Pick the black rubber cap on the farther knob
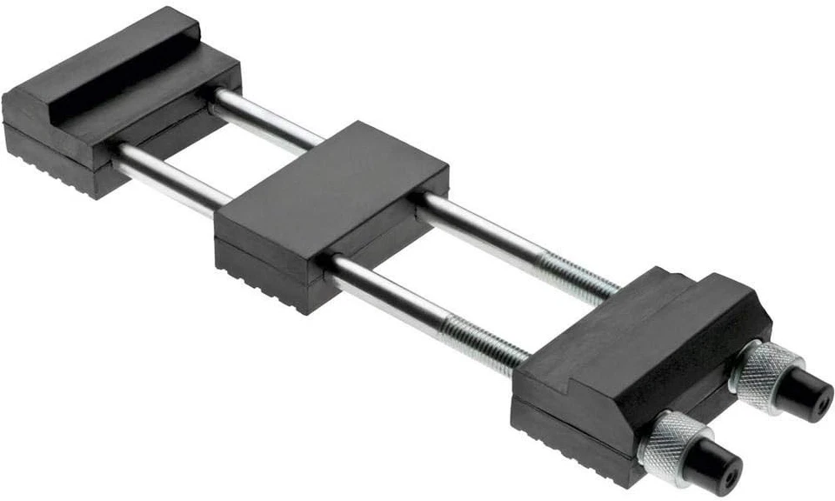tap(802, 397)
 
